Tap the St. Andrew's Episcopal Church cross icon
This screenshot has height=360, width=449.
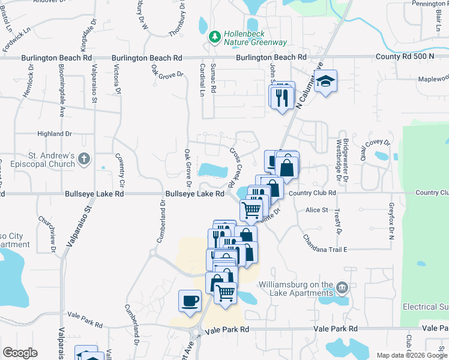[84, 160]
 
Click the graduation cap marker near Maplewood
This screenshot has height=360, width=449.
[326, 81]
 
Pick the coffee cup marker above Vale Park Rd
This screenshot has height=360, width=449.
[190, 301]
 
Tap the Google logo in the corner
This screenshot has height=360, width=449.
[20, 353]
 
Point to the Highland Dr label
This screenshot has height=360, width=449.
[55, 134]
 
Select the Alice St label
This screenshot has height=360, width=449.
[316, 210]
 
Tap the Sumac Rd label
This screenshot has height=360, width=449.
[213, 80]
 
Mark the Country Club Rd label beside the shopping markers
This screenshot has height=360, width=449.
[312, 193]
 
